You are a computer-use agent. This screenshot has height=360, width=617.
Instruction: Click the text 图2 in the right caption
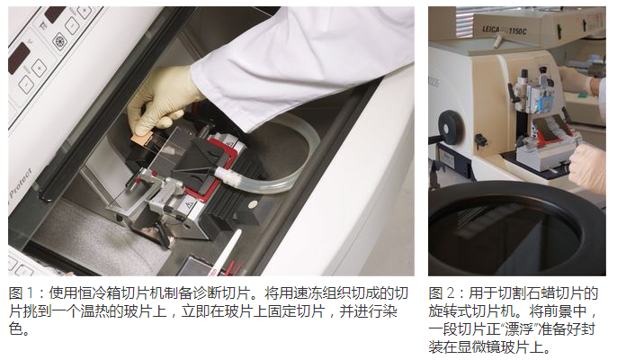443,293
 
